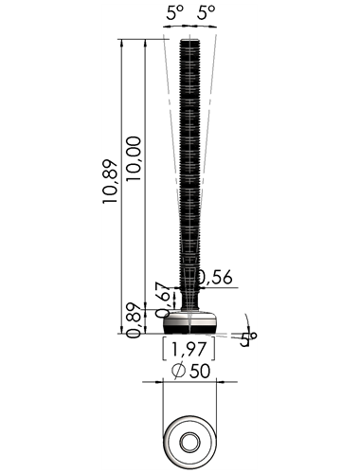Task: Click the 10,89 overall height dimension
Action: [x=110, y=181]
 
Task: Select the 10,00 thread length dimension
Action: [x=134, y=158]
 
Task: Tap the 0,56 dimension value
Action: [x=215, y=277]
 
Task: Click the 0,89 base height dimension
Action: [x=134, y=320]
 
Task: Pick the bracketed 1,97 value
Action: [x=189, y=349]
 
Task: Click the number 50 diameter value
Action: [x=199, y=371]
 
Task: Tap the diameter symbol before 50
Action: [x=178, y=371]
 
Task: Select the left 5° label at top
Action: [x=175, y=13]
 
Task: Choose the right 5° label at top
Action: [x=207, y=13]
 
